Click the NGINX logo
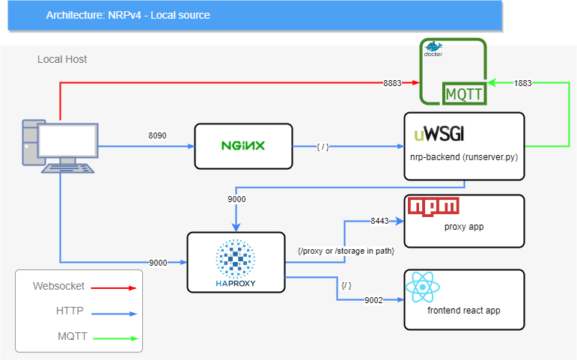click(x=243, y=146)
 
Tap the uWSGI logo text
click(x=439, y=134)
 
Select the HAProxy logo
click(x=236, y=263)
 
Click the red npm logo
click(x=433, y=206)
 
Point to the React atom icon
click(x=422, y=287)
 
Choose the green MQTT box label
click(x=464, y=94)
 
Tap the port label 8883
click(x=392, y=83)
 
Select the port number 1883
click(x=523, y=83)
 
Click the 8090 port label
click(x=157, y=135)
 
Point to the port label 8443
click(x=379, y=221)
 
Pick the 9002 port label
click(x=374, y=300)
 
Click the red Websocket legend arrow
click(x=114, y=288)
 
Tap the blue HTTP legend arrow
click(x=115, y=314)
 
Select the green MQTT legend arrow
click(x=116, y=338)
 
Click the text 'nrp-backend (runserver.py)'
click(x=464, y=157)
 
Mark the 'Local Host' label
click(x=62, y=59)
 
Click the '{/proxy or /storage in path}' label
click(x=346, y=251)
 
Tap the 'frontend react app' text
click(x=464, y=311)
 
